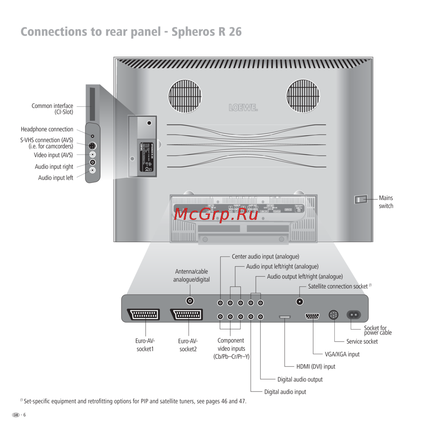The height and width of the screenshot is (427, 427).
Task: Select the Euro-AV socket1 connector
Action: pyautogui.click(x=143, y=315)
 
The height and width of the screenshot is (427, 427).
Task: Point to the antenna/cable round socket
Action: pyautogui.click(x=190, y=301)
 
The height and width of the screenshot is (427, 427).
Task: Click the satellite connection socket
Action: pyautogui.click(x=300, y=301)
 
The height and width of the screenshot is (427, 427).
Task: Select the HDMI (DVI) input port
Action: pyautogui.click(x=285, y=317)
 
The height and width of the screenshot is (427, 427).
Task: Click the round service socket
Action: pyautogui.click(x=333, y=315)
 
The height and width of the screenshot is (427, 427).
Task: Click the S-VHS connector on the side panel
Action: pyautogui.click(x=92, y=146)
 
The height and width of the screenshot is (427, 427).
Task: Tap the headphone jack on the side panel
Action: pyautogui.click(x=92, y=136)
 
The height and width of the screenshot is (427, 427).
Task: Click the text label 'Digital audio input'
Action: pyautogui.click(x=285, y=392)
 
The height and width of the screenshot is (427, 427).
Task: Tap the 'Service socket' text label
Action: pyautogui.click(x=362, y=342)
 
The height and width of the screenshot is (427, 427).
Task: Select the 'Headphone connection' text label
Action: pyautogui.click(x=47, y=129)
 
